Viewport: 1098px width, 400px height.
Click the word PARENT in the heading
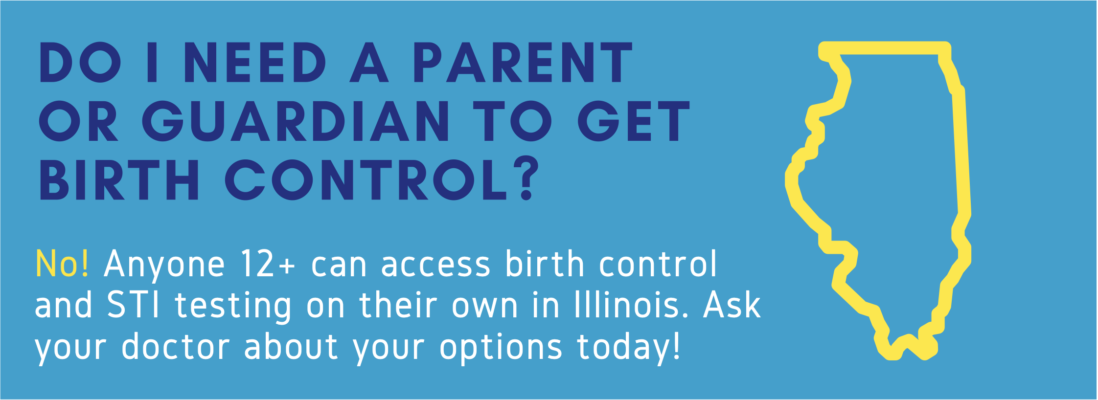click(x=523, y=62)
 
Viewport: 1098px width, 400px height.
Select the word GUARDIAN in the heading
click(x=296, y=121)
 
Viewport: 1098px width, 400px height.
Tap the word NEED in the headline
click(x=255, y=62)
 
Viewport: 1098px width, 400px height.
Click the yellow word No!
click(x=62, y=265)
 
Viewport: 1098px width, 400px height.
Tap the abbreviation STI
click(x=133, y=305)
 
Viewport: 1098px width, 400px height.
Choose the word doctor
click(x=176, y=346)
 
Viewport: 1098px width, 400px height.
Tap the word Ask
click(x=732, y=305)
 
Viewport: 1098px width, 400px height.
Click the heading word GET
click(x=634, y=121)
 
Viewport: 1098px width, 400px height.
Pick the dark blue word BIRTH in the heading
click(x=119, y=179)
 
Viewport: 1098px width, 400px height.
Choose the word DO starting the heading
click(x=80, y=62)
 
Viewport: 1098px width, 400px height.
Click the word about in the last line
click(x=291, y=346)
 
